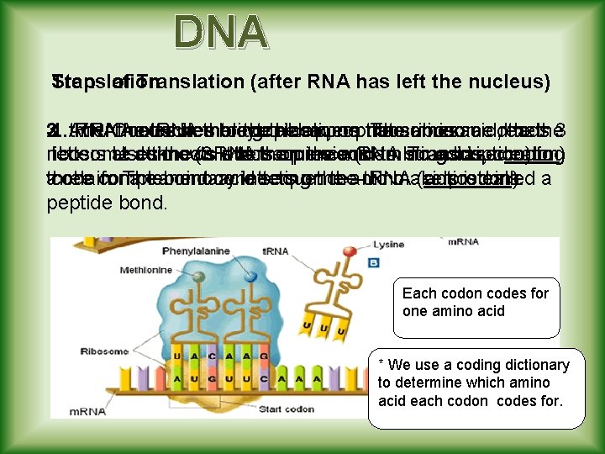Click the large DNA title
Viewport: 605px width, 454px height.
pyautogui.click(x=221, y=32)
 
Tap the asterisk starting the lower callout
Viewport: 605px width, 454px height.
pyautogui.click(x=382, y=365)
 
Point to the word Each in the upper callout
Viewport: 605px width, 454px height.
pyautogui.click(x=418, y=293)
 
